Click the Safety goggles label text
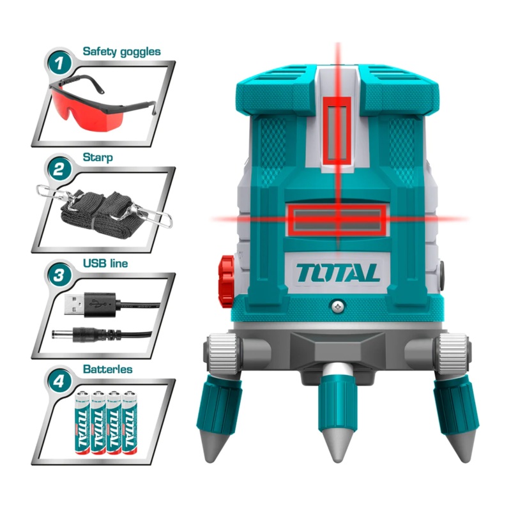coord(121,50)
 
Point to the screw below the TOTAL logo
coord(337,307)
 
